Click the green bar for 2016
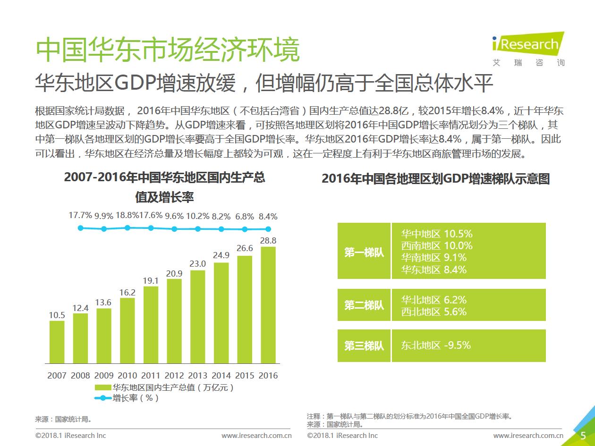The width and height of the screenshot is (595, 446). [x=268, y=305]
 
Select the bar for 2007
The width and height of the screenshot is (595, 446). [x=57, y=342]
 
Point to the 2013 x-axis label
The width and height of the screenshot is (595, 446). [x=197, y=376]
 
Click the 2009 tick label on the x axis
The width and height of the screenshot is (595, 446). [x=104, y=376]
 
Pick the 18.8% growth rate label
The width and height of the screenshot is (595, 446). [x=127, y=216]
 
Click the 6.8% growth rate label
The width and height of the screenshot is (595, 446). [x=245, y=217]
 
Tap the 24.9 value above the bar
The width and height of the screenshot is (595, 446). [x=221, y=255]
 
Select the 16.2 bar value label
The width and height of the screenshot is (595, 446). [x=127, y=293]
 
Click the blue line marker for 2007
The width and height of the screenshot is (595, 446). [x=81, y=228]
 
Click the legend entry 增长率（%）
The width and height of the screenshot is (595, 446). [x=135, y=398]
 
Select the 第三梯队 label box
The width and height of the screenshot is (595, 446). [x=364, y=346]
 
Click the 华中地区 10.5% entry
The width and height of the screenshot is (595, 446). [x=436, y=234]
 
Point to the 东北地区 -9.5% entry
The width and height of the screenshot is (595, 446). [x=435, y=345]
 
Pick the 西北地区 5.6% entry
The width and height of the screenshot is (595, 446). [x=433, y=312]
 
